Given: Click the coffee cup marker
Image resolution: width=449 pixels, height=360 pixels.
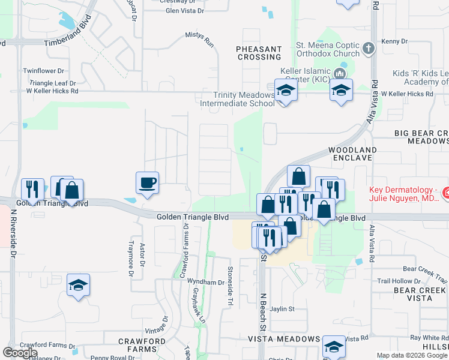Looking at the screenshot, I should (148, 183).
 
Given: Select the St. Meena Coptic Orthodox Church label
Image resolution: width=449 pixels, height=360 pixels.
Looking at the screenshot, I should (328, 49).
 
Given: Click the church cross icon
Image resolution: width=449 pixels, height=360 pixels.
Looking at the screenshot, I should (369, 47).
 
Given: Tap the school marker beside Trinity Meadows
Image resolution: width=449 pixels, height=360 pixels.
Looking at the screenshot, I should (286, 91).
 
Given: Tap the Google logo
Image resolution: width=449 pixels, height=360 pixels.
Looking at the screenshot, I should (20, 353).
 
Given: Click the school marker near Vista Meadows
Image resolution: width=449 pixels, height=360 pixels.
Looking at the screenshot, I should (334, 347).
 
